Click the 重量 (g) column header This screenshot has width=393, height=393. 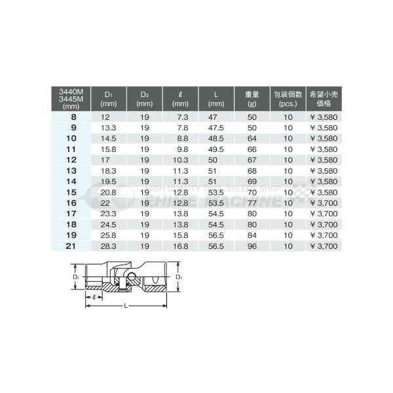(x=252, y=98)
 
